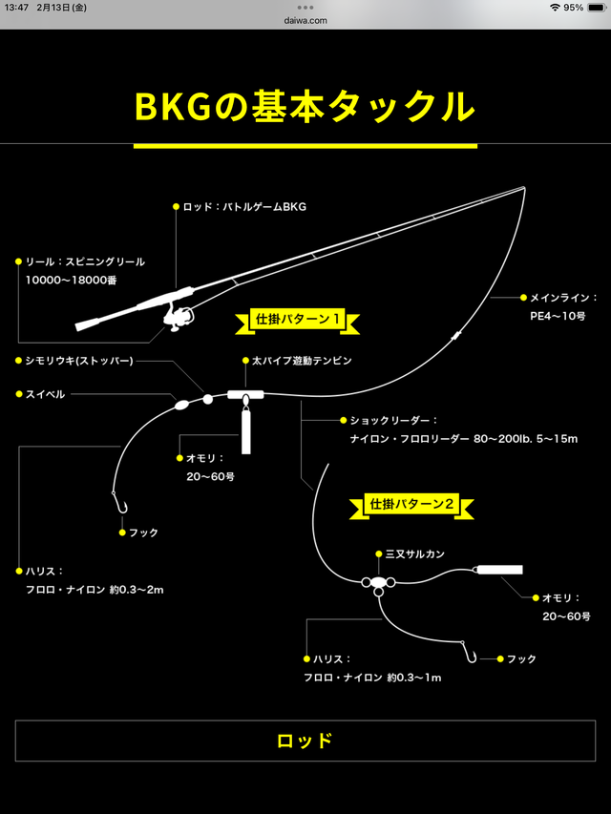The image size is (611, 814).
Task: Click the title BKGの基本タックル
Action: tap(305, 107)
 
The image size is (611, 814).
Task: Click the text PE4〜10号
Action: tap(558, 315)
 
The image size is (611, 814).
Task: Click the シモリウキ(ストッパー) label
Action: tap(79, 361)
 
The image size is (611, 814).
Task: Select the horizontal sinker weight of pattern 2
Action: tap(500, 570)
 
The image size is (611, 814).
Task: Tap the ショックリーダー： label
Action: tap(393, 420)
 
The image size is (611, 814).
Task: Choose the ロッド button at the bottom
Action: tap(305, 741)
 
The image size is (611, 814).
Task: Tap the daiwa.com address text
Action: tap(305, 19)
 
